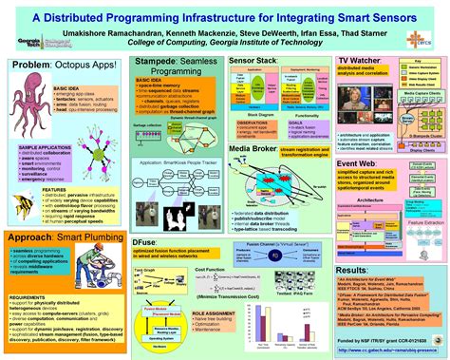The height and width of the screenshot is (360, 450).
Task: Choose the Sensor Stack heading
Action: point(252,60)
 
